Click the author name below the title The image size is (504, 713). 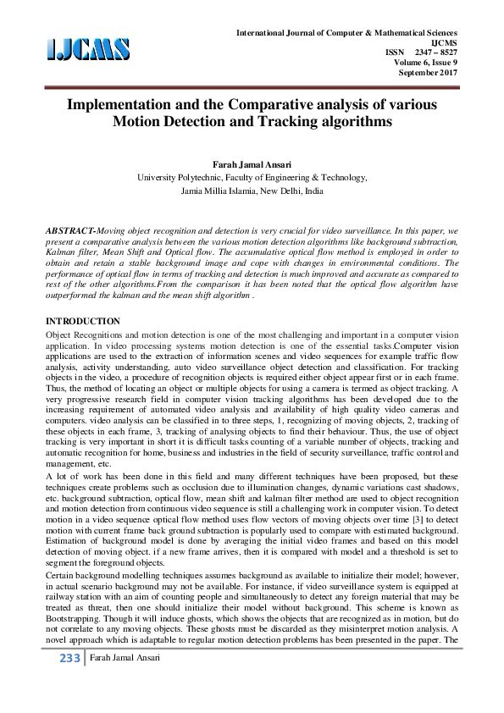252,163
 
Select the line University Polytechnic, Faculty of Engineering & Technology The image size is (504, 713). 252,178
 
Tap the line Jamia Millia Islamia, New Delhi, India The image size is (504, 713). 252,192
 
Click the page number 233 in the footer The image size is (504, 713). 66,683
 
